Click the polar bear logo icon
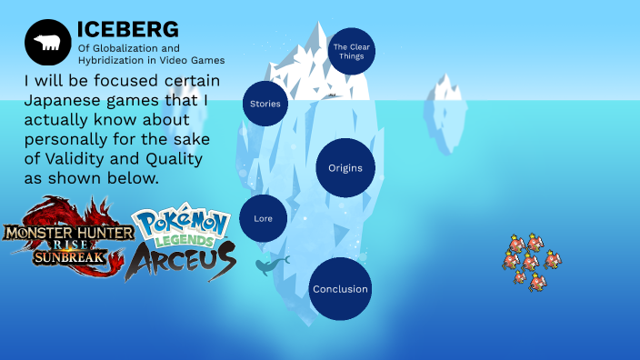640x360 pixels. coord(46,42)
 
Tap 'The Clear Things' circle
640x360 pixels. coord(350,51)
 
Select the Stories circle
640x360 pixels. coord(265,104)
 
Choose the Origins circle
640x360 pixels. coord(345,168)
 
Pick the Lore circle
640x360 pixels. coord(264,218)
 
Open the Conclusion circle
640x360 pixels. coord(340,289)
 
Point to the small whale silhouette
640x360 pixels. coord(271,265)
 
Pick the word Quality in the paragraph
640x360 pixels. coord(169,159)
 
